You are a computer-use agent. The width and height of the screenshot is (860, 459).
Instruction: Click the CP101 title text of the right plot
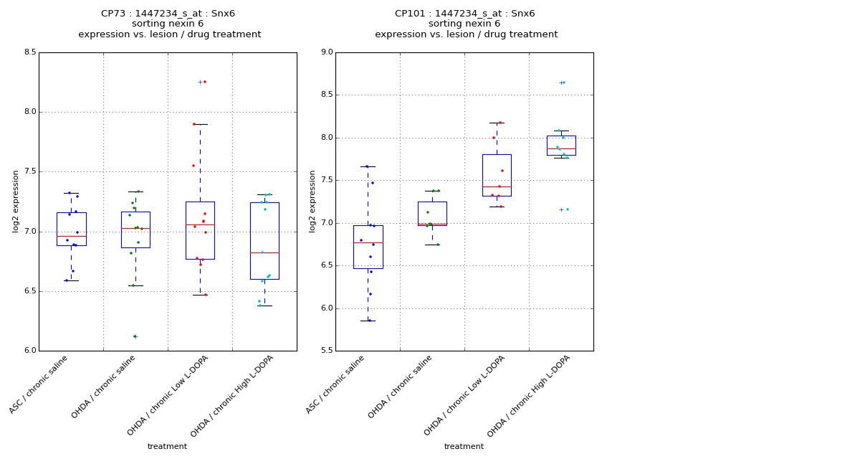click(465, 14)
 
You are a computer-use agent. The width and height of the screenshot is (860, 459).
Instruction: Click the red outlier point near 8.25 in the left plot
click(205, 82)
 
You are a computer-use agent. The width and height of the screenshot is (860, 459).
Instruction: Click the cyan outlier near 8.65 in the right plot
click(564, 82)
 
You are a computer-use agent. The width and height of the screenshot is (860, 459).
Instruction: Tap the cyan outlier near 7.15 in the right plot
click(567, 209)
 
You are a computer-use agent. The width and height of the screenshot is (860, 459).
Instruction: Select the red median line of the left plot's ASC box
click(72, 236)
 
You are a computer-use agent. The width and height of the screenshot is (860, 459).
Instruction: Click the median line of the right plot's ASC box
click(368, 243)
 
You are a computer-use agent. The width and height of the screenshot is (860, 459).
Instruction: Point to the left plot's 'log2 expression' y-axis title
click(16, 201)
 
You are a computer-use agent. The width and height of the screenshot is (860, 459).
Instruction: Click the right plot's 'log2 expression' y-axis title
click(312, 201)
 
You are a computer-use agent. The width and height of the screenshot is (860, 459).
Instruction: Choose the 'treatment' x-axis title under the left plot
click(167, 446)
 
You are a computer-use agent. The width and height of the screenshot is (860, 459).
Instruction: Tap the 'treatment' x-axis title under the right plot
click(464, 446)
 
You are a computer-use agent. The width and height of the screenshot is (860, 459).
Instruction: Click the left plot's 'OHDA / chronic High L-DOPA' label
click(233, 396)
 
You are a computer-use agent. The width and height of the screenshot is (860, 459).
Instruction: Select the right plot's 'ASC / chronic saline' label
click(336, 384)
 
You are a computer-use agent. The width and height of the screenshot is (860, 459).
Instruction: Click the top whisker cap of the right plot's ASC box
click(368, 166)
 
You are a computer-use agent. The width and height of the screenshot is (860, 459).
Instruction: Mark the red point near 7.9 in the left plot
click(193, 124)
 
